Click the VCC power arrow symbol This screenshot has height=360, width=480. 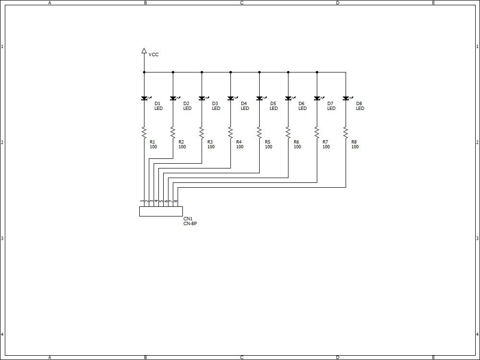tap(144, 50)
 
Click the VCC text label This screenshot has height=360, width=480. tap(154, 55)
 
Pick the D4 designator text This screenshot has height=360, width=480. tap(244, 104)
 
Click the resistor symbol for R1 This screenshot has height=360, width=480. tap(144, 132)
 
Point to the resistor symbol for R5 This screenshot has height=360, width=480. tap(259, 132)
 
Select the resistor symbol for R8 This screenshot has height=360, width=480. tap(346, 132)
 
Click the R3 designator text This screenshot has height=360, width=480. tap(210, 142)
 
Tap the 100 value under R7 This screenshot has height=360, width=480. tap(326, 147)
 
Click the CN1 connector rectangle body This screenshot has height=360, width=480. tap(161, 212)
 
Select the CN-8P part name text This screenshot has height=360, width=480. tap(190, 224)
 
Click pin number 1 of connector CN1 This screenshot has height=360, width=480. tap(142, 201)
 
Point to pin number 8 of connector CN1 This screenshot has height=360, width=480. tap(175, 201)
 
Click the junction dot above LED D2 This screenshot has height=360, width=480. tap(173, 72)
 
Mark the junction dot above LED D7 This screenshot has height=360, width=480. tap(317, 72)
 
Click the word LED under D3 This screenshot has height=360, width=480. tap(216, 108)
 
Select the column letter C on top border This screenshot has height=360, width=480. tap(241, 3)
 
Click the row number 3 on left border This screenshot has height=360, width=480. tap(2, 239)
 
